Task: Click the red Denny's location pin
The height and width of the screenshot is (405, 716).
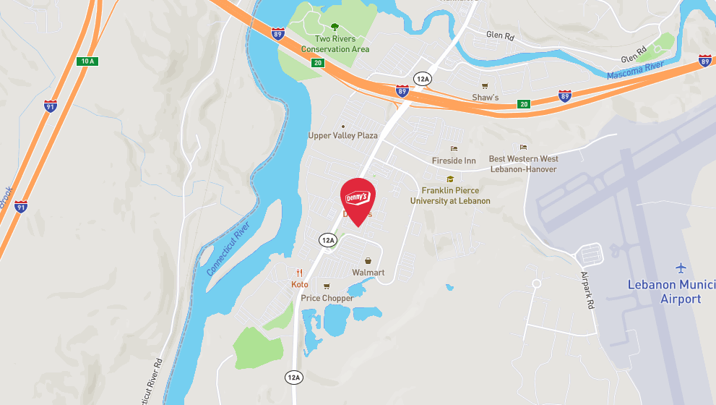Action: [358, 200]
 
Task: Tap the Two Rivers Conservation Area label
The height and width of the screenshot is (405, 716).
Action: [335, 43]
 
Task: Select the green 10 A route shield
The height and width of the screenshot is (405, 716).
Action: [87, 61]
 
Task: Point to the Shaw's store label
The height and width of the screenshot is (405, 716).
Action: [486, 97]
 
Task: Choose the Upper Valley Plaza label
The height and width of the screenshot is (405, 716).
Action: [343, 136]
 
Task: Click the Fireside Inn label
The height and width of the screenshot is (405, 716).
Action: [454, 161]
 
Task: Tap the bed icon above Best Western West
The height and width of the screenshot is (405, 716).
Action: [523, 148]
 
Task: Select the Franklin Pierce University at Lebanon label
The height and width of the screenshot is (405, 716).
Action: [450, 196]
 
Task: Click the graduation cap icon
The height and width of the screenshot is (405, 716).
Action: [450, 179]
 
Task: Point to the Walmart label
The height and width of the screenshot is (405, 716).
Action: [368, 273]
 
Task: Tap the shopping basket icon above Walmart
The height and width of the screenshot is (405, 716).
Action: [368, 260]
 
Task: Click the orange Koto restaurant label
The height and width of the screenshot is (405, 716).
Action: [300, 285]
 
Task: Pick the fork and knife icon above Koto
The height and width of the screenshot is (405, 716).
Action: [300, 273]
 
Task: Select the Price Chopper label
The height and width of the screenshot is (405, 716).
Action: [327, 298]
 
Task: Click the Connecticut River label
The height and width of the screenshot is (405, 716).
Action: [229, 249]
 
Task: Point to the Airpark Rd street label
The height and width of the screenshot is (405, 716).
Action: [587, 290]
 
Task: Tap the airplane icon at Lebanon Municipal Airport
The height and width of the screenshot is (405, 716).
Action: [681, 268]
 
